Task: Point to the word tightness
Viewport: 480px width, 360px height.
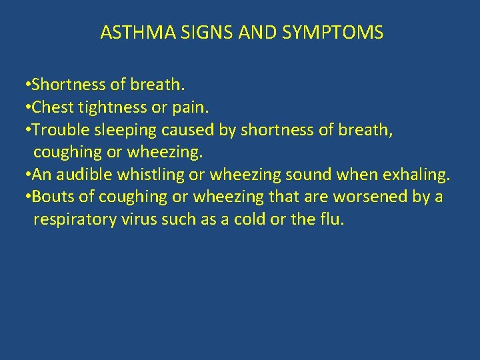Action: (109, 107)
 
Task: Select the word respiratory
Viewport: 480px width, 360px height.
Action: (73, 220)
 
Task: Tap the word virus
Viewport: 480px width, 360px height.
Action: (139, 220)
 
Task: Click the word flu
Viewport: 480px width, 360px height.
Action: (331, 220)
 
